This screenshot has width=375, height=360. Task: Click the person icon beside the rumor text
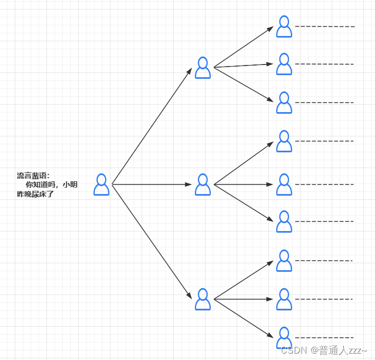coord(101,184)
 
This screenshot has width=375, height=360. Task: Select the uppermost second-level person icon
coord(203,68)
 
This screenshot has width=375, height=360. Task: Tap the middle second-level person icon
coord(203,184)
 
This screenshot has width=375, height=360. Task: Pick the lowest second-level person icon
coord(203,299)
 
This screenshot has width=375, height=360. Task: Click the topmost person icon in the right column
coord(284,26)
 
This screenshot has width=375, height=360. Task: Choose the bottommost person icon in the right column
coord(284,338)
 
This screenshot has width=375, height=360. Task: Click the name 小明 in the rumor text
coord(70,185)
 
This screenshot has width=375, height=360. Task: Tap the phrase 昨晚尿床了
coord(35,195)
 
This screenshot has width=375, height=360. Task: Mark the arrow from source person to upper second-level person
coord(152,126)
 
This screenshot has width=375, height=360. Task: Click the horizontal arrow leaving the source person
coord(152,184)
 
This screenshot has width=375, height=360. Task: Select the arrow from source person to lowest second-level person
coord(152,242)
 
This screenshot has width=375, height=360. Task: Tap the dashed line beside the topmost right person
coord(324,26)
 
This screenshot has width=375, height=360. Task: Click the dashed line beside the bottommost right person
coord(324,337)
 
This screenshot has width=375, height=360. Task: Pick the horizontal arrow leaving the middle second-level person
coord(243,184)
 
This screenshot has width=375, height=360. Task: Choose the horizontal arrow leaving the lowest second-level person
coord(243,299)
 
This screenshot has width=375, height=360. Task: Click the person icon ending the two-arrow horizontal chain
coord(284,184)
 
